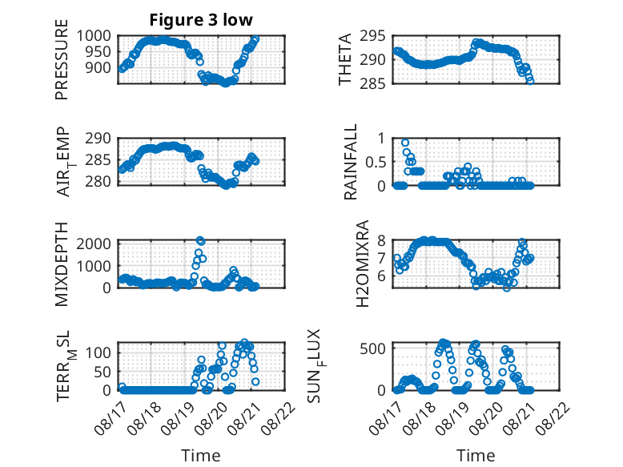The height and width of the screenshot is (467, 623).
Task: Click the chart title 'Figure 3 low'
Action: [x=201, y=20]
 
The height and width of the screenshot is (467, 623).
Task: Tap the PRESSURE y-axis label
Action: [x=62, y=59]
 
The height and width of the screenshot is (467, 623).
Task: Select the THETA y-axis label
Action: [x=345, y=59]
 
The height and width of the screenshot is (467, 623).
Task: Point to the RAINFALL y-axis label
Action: [x=351, y=162]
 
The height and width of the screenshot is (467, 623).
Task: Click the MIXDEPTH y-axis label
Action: [x=62, y=264]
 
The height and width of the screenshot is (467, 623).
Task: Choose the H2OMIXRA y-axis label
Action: [x=363, y=264]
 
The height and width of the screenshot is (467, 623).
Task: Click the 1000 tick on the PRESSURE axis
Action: [x=94, y=36]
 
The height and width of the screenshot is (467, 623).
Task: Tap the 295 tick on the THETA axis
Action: [x=372, y=36]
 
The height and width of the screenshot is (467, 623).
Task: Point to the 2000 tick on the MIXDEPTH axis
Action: [x=94, y=244]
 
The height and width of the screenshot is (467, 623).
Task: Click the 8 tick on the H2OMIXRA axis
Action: [x=381, y=240]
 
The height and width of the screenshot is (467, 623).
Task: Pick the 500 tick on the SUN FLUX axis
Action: [x=372, y=348]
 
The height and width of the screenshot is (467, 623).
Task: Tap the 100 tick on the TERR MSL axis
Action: [x=98, y=352]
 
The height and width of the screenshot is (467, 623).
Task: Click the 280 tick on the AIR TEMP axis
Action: [x=98, y=182]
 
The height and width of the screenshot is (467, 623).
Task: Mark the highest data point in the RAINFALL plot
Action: [x=405, y=143]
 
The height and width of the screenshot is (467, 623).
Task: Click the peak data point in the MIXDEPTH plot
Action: [x=200, y=240]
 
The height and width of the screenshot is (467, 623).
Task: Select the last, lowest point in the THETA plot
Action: [x=530, y=81]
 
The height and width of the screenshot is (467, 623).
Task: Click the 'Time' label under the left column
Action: [x=201, y=456]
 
